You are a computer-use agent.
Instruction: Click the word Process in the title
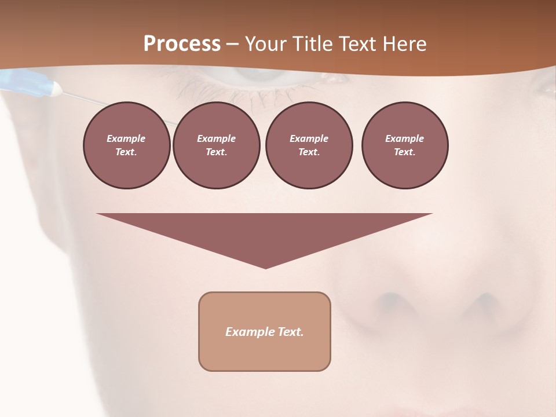tap(182, 44)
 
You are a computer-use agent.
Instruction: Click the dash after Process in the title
tap(233, 45)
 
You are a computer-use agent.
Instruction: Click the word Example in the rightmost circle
tap(404, 138)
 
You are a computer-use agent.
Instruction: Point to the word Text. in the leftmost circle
tap(126, 152)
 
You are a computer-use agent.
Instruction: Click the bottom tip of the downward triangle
tap(265, 267)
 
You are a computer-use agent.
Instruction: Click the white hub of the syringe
tap(56, 89)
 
